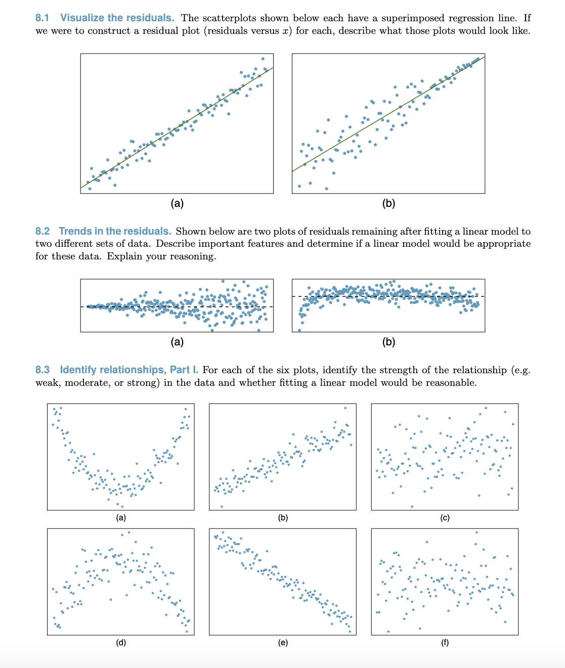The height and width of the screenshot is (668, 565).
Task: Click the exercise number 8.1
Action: tap(42, 18)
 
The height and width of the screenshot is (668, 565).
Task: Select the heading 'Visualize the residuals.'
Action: tap(117, 18)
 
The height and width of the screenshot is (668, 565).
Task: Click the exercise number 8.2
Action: tap(42, 231)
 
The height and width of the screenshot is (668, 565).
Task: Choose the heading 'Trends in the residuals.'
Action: tap(115, 231)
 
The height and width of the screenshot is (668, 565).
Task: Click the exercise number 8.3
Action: tap(42, 370)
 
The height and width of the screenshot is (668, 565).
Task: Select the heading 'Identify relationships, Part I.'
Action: tap(129, 370)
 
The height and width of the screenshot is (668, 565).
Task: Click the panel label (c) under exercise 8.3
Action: tap(445, 518)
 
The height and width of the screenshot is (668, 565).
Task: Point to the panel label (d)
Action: tap(121, 643)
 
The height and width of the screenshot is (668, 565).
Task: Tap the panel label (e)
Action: tap(283, 643)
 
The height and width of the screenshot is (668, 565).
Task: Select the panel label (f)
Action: tap(445, 643)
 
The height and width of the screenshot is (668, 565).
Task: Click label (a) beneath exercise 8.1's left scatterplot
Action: tap(177, 203)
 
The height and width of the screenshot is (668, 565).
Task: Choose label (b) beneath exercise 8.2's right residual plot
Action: tap(388, 342)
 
